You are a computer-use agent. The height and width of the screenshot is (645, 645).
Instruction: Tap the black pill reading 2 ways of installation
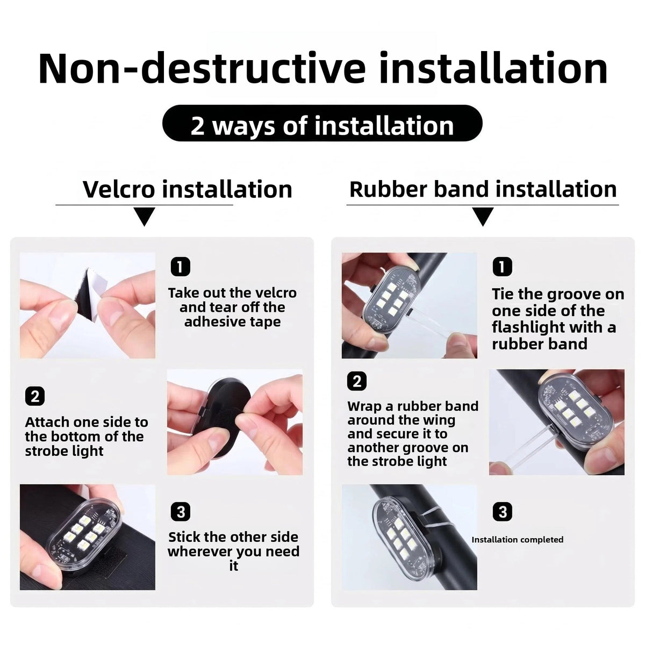[x=322, y=123]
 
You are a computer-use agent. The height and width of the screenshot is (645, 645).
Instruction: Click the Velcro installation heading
[x=188, y=189]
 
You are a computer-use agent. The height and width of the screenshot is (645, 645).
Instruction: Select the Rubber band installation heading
[x=483, y=189]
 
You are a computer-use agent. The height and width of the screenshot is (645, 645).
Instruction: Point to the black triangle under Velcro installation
[x=144, y=216]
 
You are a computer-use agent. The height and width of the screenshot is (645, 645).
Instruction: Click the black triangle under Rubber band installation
[x=483, y=216]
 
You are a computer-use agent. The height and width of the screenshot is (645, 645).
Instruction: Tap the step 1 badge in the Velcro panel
[x=181, y=267]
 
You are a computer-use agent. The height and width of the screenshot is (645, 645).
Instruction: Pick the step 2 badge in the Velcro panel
[x=35, y=396]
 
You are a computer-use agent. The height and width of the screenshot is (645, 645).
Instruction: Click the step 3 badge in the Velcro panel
[x=181, y=512]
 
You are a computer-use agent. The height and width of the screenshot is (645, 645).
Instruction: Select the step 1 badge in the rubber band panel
[x=502, y=267]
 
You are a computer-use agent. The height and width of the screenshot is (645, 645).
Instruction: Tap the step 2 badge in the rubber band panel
[x=357, y=381]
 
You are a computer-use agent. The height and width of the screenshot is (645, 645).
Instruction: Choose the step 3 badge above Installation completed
[x=502, y=512]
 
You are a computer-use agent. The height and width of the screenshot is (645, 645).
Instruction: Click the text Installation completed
[x=518, y=540]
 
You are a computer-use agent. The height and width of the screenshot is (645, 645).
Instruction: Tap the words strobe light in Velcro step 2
[x=64, y=451]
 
